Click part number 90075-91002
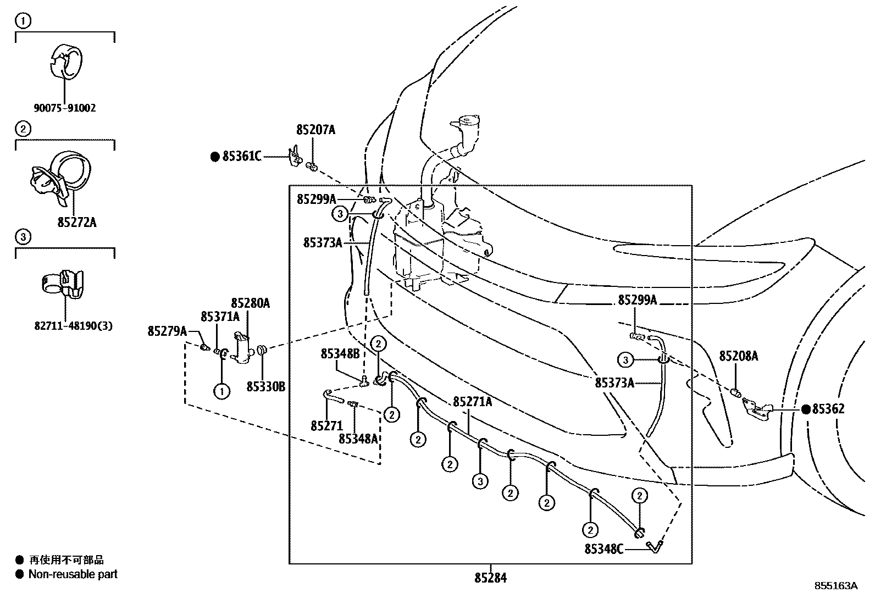(x=65, y=108)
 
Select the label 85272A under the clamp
(x=76, y=223)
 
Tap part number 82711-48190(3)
(x=73, y=326)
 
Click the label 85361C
(x=241, y=157)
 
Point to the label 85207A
(x=315, y=130)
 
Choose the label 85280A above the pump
(x=250, y=303)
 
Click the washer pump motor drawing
(x=242, y=348)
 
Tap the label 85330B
(x=265, y=387)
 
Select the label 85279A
(x=167, y=331)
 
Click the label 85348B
(x=340, y=354)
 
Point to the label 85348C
(x=603, y=548)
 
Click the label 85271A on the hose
(x=472, y=402)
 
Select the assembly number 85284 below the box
(x=490, y=578)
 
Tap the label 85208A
(x=738, y=357)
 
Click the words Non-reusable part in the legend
(x=73, y=574)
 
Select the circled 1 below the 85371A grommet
(x=221, y=391)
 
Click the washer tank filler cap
(x=465, y=122)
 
